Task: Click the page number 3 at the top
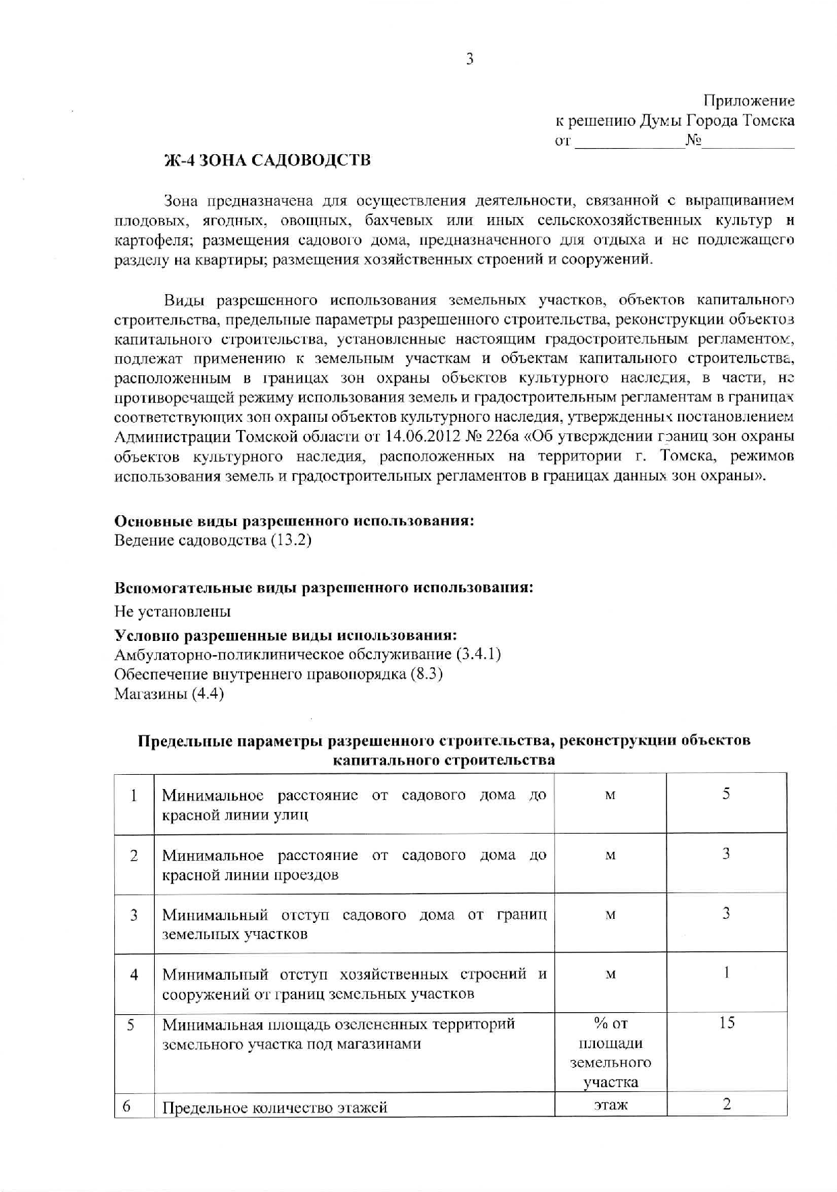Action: coord(470,59)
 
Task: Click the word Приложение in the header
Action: coord(748,101)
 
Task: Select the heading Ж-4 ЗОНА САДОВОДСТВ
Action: coord(268,160)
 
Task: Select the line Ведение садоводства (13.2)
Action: coord(213,541)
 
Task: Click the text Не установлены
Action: coord(172,612)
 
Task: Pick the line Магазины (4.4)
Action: coord(169,694)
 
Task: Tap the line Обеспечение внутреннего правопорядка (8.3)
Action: coord(279,675)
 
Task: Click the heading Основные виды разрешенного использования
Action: coord(293,521)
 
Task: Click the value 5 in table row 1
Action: coord(725,794)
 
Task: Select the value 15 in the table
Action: coord(726,1023)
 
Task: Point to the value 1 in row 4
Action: coord(726,973)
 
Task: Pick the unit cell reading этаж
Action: coord(610,1105)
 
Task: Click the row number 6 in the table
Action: coord(126,1105)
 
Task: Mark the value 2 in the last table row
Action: coord(726,1104)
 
